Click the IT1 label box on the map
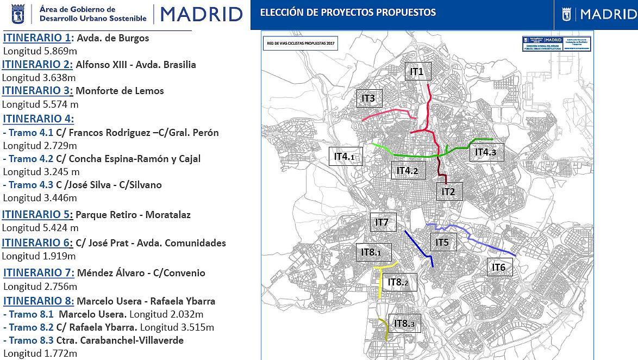[x=417, y=71]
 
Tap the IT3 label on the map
[x=368, y=98]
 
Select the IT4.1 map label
[x=345, y=157]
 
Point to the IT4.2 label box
[x=407, y=171]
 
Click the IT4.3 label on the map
[x=486, y=152]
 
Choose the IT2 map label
[x=448, y=191]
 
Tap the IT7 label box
[x=382, y=222]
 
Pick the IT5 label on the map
[x=442, y=242]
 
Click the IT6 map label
[x=499, y=267]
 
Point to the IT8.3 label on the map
[x=404, y=324]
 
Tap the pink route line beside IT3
[x=386, y=114]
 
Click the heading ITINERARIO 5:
[x=37, y=214]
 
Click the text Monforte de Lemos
[x=120, y=91]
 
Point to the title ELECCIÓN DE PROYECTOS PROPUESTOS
[x=348, y=12]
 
